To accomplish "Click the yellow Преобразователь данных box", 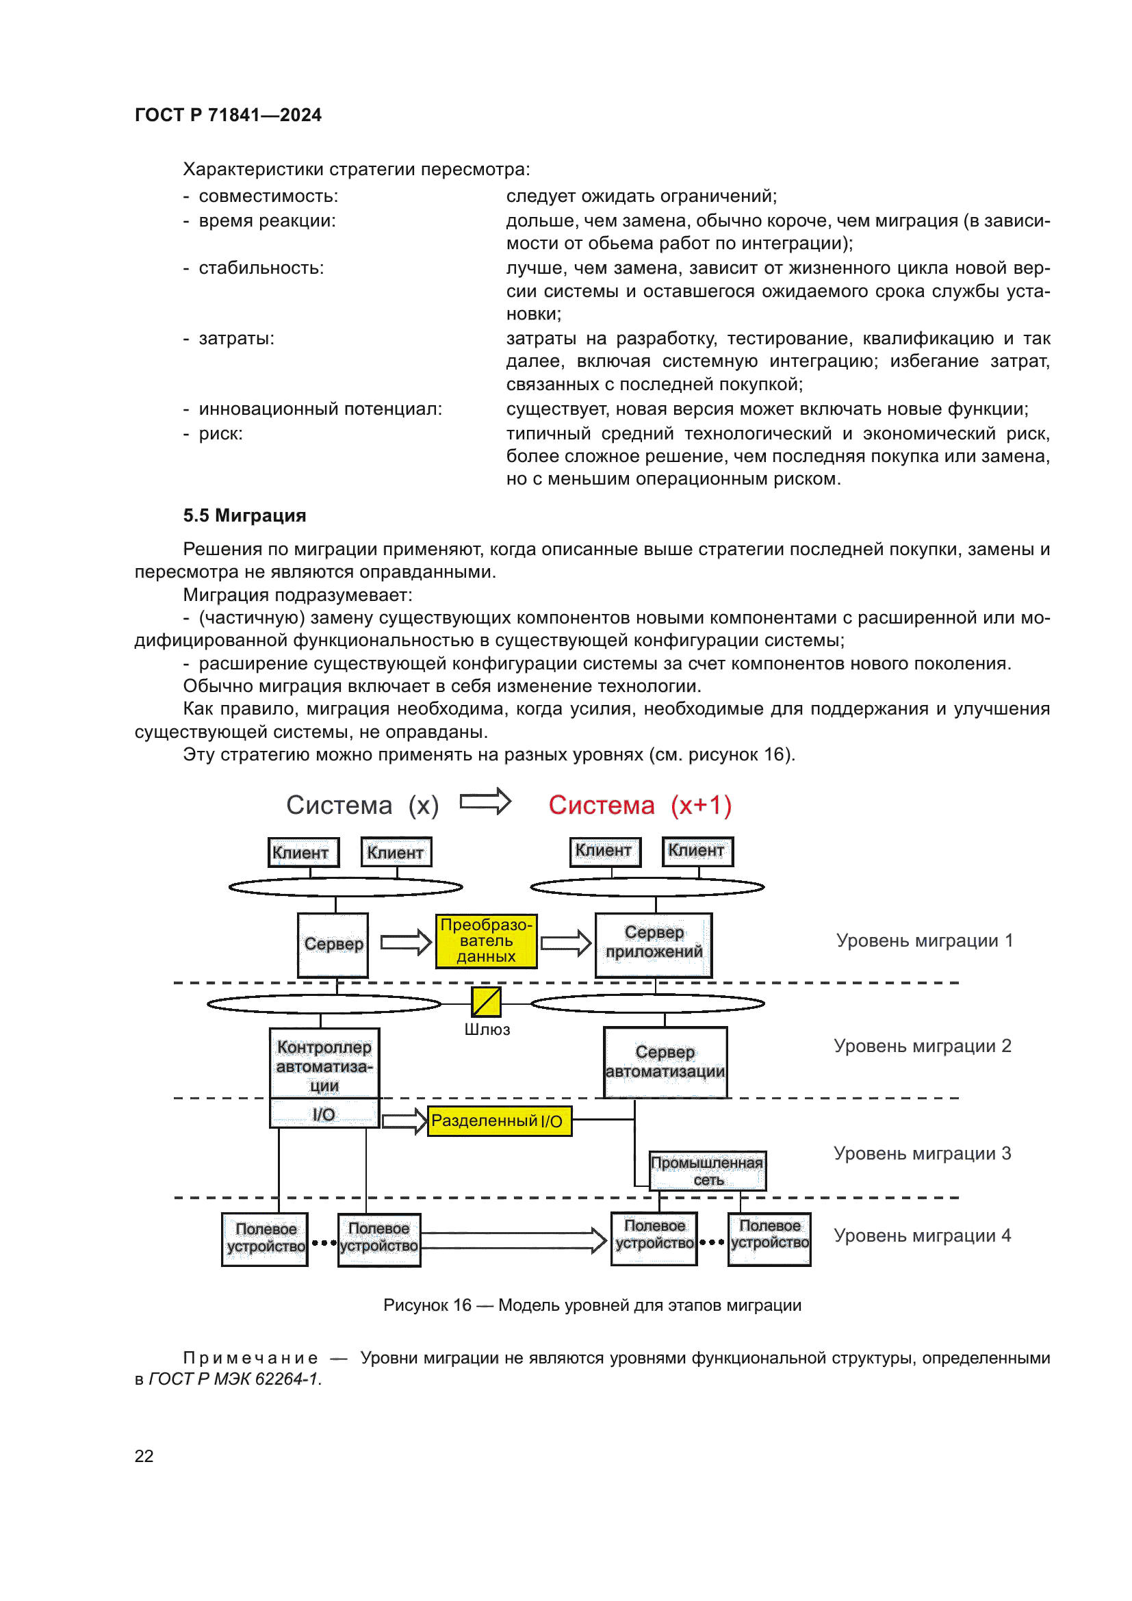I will (x=486, y=940).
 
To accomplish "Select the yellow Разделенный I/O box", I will (x=499, y=1120).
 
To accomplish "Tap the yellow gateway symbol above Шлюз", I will (x=486, y=1002).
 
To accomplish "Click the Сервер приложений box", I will (x=653, y=944).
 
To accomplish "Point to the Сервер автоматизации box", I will (x=665, y=1062).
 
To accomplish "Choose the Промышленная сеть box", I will (x=707, y=1170).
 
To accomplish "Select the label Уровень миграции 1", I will (x=923, y=940).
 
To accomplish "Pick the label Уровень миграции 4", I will (x=921, y=1235).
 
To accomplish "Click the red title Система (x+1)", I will (x=639, y=806).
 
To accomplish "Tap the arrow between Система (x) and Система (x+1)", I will (x=485, y=802).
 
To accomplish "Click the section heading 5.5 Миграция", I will (x=244, y=515).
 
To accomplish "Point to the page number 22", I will (x=144, y=1456).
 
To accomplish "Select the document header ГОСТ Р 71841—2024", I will (x=228, y=115).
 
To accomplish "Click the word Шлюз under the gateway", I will (x=487, y=1030).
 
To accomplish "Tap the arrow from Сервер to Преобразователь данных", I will (x=406, y=943).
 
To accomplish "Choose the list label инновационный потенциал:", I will (x=320, y=409).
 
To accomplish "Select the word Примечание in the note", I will (x=250, y=1358).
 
